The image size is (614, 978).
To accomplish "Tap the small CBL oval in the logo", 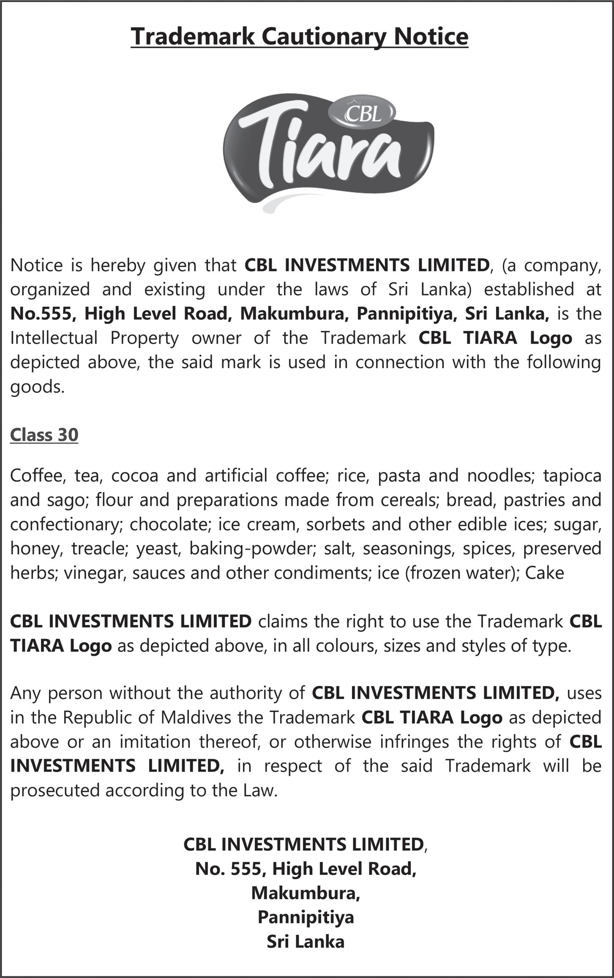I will coord(363,113).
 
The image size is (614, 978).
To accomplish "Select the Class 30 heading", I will coord(44,435).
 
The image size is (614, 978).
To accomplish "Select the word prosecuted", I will coord(55,791).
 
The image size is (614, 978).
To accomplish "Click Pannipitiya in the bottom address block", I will coord(306,917).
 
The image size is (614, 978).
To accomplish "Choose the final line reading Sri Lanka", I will coord(306,942).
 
